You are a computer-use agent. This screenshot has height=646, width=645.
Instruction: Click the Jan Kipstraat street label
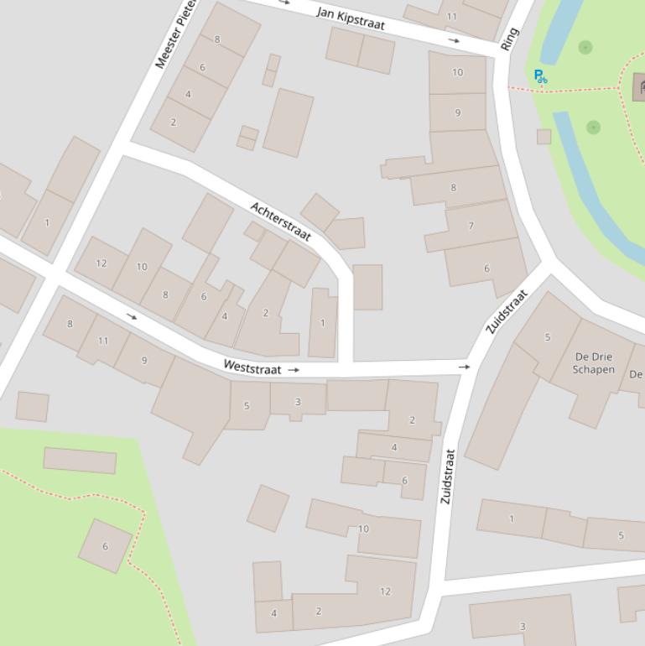pos(351,18)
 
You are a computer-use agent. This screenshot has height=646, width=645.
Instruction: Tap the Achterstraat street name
pos(280,221)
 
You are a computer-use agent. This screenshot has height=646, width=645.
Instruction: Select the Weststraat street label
pos(252,367)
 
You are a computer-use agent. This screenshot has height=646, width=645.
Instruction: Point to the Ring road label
pos(509,39)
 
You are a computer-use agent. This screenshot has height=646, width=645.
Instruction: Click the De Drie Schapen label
pos(593,362)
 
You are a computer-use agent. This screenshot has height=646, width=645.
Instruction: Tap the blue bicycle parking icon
pos(540,77)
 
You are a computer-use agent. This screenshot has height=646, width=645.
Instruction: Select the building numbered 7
pos(471,226)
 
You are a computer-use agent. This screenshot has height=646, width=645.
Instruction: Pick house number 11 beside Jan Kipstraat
pos(452,16)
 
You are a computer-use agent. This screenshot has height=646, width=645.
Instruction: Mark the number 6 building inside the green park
pos(106,546)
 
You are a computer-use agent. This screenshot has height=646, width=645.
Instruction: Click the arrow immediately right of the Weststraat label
pos(294,369)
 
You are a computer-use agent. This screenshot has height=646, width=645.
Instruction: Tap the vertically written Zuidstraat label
pos(448,477)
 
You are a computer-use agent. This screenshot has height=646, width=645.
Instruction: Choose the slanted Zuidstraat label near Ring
pos(507,311)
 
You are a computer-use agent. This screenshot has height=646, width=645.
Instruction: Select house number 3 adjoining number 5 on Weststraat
pos(297,402)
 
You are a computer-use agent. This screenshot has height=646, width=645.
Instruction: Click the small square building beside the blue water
pos(544,136)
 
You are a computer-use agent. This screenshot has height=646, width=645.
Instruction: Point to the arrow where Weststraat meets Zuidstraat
pos(464,367)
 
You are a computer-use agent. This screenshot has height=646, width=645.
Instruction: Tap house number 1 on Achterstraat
pos(322,323)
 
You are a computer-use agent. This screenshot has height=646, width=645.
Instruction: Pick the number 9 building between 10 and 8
pos(457,112)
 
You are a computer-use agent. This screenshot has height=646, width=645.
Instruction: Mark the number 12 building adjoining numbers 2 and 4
pos(384,591)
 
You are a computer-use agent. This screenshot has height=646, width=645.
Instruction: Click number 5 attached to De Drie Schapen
pos(548,337)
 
